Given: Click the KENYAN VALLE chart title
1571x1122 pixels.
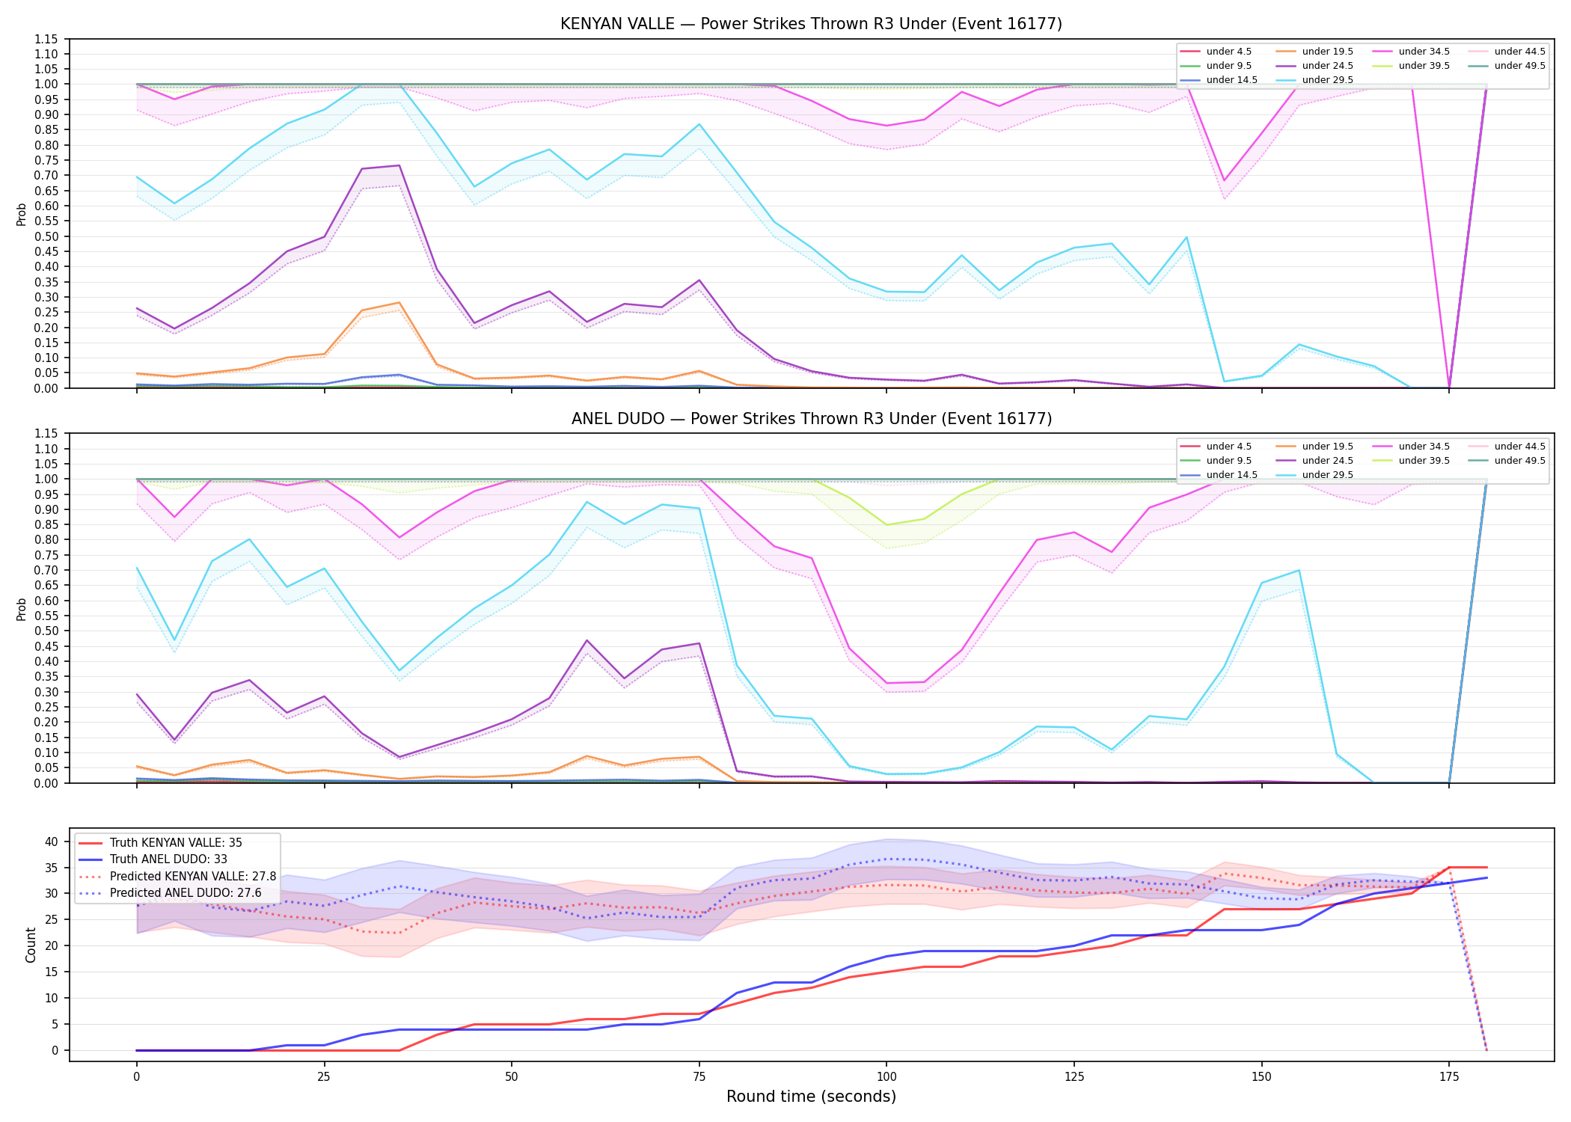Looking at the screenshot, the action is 811,24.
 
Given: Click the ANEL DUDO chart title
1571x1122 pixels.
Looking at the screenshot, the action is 812,419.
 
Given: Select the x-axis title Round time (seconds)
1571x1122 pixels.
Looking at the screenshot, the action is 811,1097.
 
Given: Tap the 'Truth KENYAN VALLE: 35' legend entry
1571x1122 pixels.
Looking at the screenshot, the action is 160,843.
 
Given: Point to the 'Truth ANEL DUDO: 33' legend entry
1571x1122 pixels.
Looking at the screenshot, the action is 153,859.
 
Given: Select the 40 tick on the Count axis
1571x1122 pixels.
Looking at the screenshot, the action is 52,841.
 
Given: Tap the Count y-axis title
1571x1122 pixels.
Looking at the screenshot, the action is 31,945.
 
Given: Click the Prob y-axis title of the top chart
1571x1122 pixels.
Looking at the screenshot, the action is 22,214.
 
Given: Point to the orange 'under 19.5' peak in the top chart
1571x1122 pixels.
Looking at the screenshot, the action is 399,303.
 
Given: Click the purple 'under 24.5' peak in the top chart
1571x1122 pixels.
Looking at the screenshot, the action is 399,165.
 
